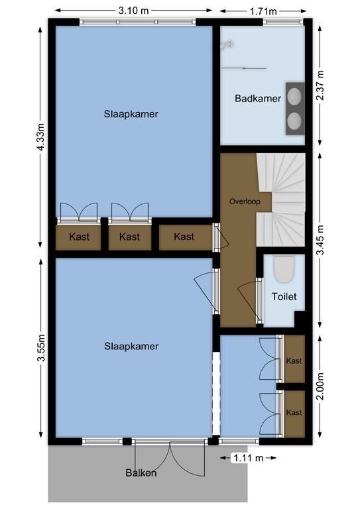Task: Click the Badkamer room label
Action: click(x=258, y=98)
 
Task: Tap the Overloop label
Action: click(x=245, y=201)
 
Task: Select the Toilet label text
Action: click(x=284, y=296)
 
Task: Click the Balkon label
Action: click(x=141, y=473)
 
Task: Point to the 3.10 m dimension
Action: click(x=133, y=11)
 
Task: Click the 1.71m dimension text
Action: click(x=263, y=11)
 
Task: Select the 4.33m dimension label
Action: click(x=40, y=137)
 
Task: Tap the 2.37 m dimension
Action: click(x=320, y=85)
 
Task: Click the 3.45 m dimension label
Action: click(x=320, y=240)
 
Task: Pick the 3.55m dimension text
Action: click(x=41, y=347)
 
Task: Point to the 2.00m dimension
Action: click(x=320, y=386)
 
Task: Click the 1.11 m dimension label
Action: click(x=249, y=458)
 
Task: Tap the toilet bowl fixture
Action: click(x=284, y=268)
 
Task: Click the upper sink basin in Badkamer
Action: click(x=294, y=97)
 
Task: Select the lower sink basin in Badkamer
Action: click(x=294, y=121)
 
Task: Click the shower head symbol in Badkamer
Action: click(x=227, y=45)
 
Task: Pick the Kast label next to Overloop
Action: click(x=184, y=237)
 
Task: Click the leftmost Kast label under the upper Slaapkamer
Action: click(x=79, y=237)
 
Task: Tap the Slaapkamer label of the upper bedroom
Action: click(x=131, y=114)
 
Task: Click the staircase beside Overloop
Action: click(x=281, y=199)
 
